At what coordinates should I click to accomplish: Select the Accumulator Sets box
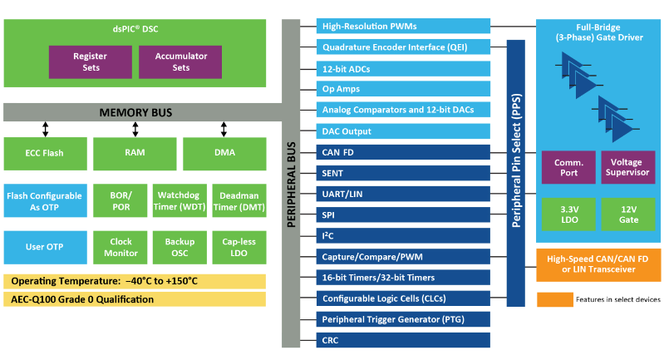pos(181,62)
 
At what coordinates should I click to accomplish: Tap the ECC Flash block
pos(44,153)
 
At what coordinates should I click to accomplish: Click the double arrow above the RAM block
pos(135,129)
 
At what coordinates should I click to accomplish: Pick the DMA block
pos(224,153)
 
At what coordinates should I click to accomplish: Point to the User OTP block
pos(44,247)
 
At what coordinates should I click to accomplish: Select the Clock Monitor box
pos(121,247)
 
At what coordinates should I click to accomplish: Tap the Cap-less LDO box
pos(239,247)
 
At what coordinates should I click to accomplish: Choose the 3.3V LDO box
pos(568,213)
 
